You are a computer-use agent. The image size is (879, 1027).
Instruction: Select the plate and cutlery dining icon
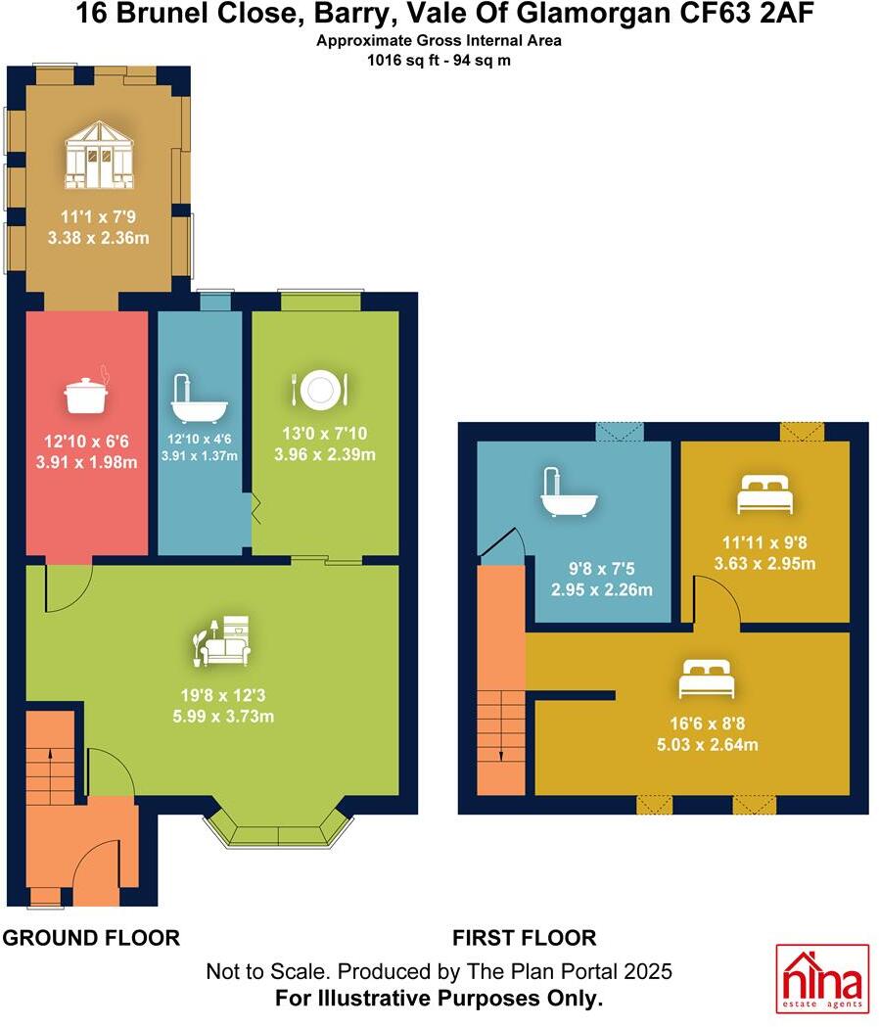[320, 390]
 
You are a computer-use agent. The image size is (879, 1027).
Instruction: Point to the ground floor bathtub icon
[199, 398]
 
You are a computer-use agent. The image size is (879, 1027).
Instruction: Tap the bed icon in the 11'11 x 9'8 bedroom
[764, 494]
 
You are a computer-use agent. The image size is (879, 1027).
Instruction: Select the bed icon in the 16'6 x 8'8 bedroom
[707, 677]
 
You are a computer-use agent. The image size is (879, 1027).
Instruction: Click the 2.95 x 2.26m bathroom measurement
[601, 589]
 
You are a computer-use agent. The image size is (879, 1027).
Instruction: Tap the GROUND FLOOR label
[91, 938]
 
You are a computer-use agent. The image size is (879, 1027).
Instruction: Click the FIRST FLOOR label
[524, 938]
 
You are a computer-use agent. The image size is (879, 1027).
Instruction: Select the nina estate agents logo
[822, 978]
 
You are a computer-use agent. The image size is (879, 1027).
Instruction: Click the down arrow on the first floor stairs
[500, 755]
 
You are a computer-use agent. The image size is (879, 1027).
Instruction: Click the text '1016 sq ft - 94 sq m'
[439, 60]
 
